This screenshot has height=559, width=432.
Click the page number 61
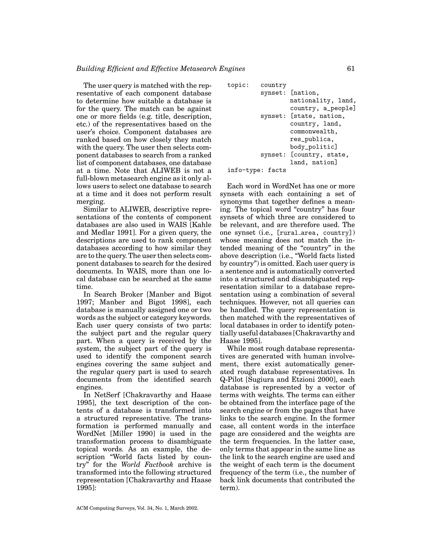[351, 69]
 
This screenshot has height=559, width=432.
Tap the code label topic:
[238, 85]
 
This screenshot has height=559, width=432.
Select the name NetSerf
[107, 395]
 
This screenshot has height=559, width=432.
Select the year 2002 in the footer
[192, 508]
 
